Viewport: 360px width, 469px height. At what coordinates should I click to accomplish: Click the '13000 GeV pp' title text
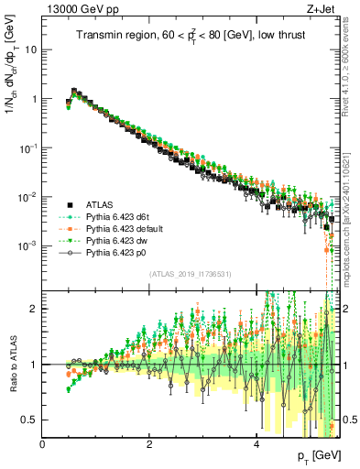point(78,10)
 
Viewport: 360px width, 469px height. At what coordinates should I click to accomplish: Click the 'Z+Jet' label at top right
point(320,10)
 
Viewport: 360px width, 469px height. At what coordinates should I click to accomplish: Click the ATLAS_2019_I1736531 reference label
point(190,274)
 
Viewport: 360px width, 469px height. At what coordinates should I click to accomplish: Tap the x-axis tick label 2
point(150,444)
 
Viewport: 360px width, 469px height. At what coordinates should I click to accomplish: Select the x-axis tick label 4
point(257,444)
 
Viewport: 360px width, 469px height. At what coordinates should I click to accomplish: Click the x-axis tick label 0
point(43,444)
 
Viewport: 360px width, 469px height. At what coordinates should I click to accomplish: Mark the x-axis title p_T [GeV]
point(313,456)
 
